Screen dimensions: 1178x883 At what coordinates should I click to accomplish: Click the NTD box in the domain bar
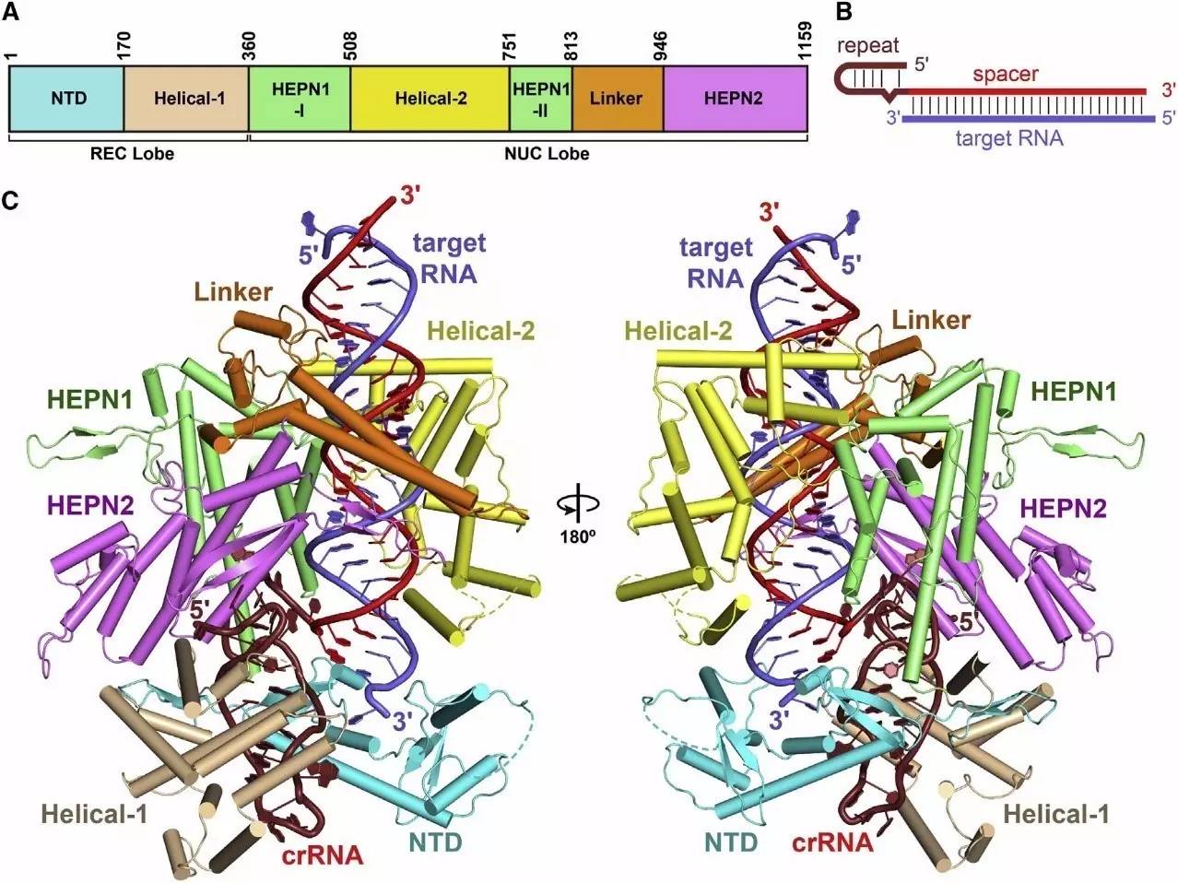(66, 99)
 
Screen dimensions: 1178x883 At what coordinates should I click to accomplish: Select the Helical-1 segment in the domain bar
(186, 99)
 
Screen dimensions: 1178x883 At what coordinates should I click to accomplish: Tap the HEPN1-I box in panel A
(300, 99)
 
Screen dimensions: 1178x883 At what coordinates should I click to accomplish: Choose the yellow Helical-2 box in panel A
(430, 99)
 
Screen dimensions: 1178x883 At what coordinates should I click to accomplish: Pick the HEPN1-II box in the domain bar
(541, 99)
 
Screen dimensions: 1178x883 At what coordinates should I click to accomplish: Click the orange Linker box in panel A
(618, 99)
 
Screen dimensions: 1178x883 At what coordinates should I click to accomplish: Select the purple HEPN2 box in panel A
(736, 99)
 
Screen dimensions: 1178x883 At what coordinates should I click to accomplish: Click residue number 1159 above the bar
(804, 41)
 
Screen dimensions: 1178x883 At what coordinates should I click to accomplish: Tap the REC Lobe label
(132, 154)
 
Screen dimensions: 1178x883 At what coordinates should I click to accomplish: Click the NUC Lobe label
(547, 154)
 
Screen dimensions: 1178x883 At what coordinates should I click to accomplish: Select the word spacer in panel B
(1006, 75)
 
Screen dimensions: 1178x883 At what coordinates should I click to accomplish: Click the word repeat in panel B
(867, 45)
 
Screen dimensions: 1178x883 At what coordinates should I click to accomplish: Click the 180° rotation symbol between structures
(577, 513)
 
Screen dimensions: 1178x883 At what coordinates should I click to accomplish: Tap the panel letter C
(11, 201)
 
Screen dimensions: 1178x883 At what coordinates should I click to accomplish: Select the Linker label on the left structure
(233, 292)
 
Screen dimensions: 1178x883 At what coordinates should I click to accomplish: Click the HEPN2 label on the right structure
(1063, 508)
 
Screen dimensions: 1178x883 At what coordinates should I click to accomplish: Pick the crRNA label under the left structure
(323, 855)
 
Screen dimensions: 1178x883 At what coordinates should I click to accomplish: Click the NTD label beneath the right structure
(730, 842)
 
